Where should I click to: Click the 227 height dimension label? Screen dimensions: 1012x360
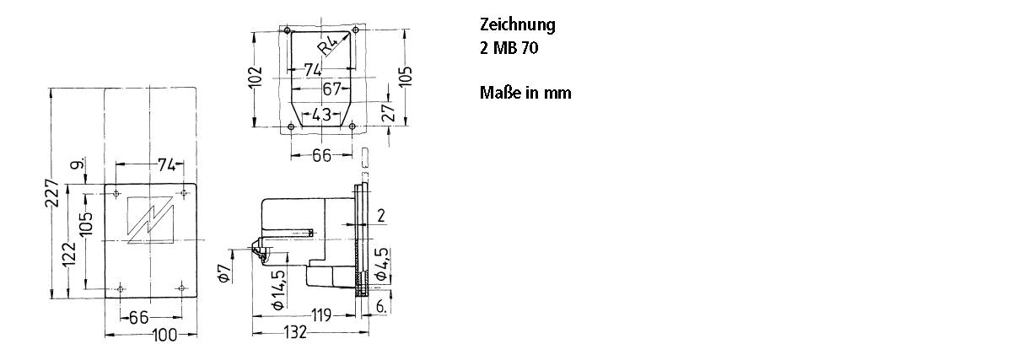coord(52,193)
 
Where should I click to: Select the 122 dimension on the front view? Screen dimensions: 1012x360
coord(68,255)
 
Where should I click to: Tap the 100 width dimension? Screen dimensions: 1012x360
coord(165,336)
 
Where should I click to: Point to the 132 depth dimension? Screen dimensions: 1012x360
coord(295,332)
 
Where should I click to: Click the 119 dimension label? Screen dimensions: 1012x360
coord(321,314)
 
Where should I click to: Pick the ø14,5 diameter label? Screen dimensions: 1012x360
coord(278,290)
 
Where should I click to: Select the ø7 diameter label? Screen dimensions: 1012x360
coord(224,273)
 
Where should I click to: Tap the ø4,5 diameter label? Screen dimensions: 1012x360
coord(381,264)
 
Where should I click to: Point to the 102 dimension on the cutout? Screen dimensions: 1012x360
coord(256,77)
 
